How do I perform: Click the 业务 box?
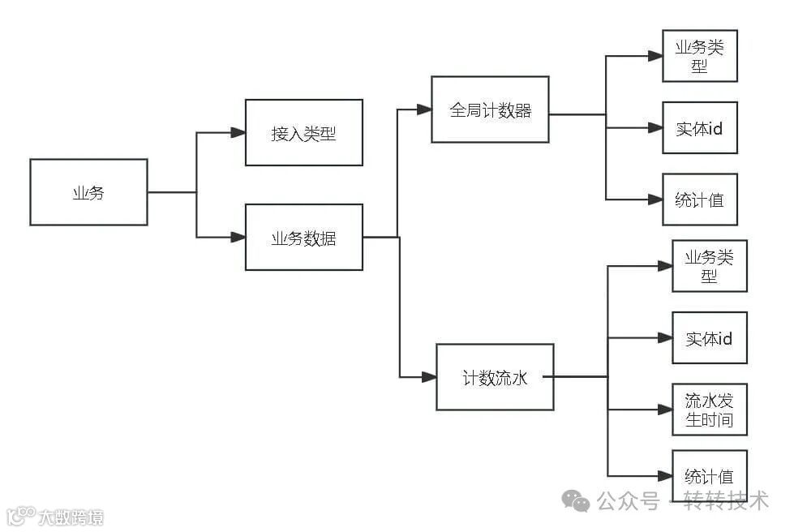88,192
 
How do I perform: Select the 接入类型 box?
303,133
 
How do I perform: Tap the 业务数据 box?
303,238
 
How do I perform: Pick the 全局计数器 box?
490,109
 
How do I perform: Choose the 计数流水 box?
495,377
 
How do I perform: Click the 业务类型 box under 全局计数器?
699,56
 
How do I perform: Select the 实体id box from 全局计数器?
699,128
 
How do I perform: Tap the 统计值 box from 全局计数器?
699,199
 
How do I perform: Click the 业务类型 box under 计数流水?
709,266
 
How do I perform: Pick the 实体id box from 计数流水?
709,338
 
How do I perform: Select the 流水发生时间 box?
709,410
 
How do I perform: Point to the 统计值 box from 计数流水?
709,476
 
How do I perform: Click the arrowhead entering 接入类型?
238,133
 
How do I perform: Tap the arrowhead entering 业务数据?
238,238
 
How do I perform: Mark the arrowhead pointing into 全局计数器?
423,109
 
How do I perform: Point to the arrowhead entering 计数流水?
428,377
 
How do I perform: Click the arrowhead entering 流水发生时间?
664,410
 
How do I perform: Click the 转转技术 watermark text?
725,500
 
